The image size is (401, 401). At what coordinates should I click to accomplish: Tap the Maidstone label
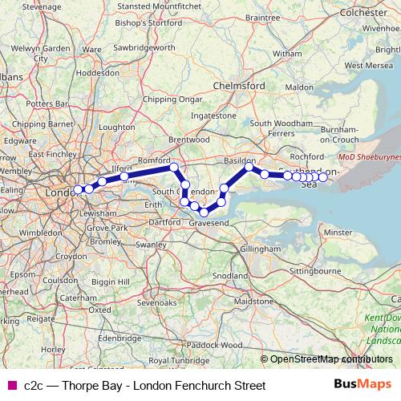pyautogui.click(x=253, y=301)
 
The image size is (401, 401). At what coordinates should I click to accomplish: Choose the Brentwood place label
pyautogui.click(x=188, y=139)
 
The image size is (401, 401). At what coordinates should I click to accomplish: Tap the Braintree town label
pyautogui.click(x=262, y=16)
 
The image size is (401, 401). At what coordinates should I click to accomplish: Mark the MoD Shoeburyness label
pyautogui.click(x=369, y=158)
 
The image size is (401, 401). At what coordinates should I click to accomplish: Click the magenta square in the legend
pyautogui.click(x=10, y=386)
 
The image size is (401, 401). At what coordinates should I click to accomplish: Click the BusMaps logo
pyautogui.click(x=363, y=385)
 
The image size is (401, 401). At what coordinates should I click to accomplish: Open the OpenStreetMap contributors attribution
pyautogui.click(x=331, y=358)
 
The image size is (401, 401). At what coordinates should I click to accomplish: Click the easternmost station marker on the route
pyautogui.click(x=322, y=176)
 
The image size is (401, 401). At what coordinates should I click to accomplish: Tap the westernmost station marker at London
pyautogui.click(x=78, y=189)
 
